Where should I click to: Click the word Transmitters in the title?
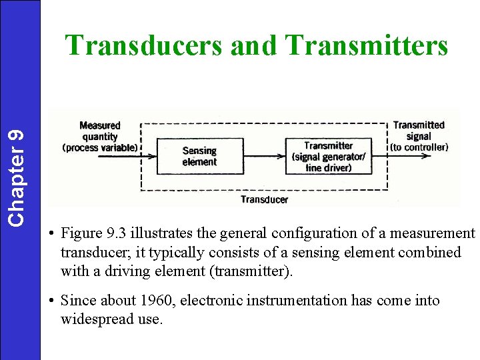(x=366, y=45)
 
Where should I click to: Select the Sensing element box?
(x=199, y=157)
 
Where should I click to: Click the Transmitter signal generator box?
(x=328, y=157)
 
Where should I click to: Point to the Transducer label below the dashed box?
(x=264, y=199)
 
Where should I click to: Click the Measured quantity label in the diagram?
(x=99, y=136)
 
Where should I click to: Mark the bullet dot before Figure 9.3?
(x=51, y=234)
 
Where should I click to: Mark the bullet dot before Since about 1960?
(x=51, y=301)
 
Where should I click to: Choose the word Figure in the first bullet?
(x=81, y=233)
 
